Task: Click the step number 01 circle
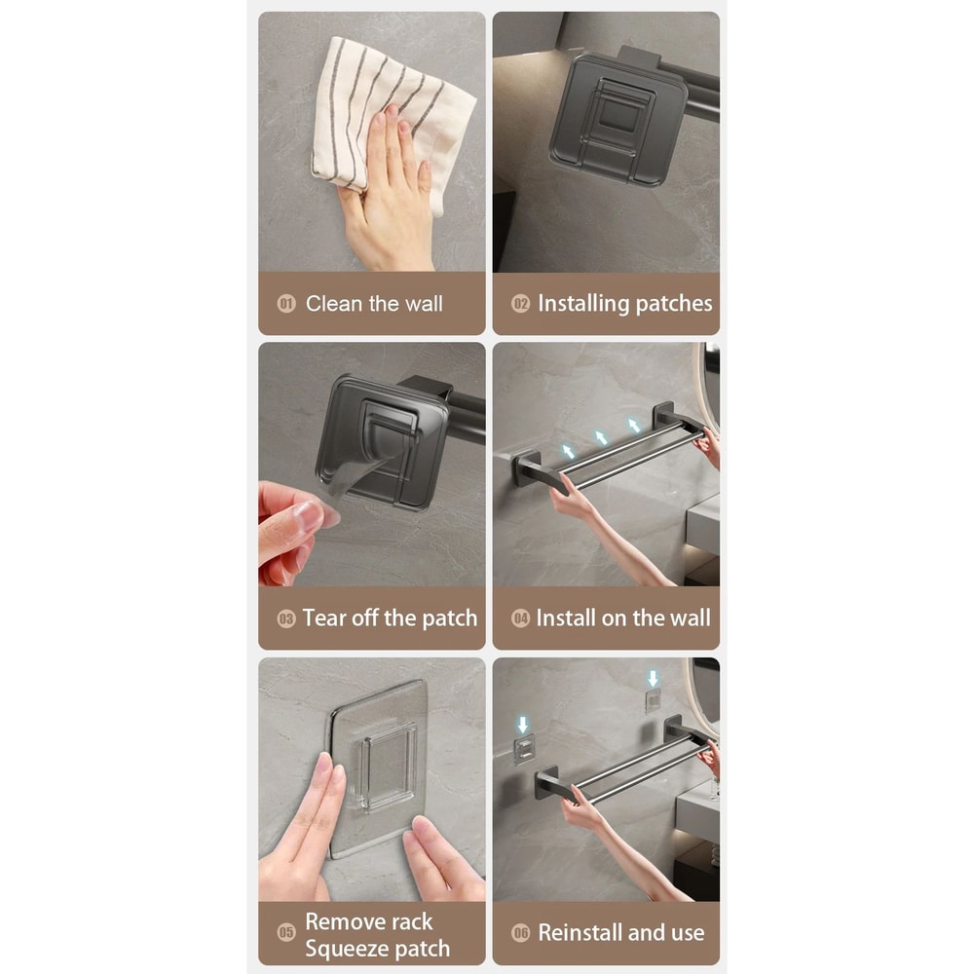pyautogui.click(x=286, y=304)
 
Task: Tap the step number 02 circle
pyautogui.click(x=521, y=304)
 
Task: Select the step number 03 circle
pyautogui.click(x=286, y=618)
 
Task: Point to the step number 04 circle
pyautogui.click(x=521, y=618)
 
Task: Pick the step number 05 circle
pyautogui.click(x=286, y=934)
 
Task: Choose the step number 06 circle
pyautogui.click(x=521, y=933)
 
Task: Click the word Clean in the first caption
pyautogui.click(x=334, y=304)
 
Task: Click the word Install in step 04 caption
pyautogui.click(x=569, y=618)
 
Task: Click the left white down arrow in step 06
pyautogui.click(x=523, y=725)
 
